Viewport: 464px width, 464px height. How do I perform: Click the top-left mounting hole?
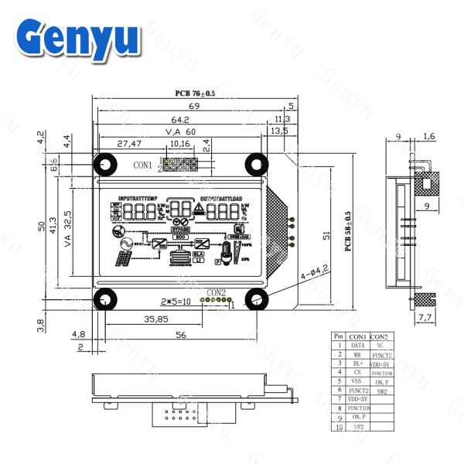103,164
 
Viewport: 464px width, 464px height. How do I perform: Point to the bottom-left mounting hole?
103,299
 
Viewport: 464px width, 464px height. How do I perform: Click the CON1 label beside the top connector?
142,165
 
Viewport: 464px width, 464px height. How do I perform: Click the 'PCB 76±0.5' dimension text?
195,94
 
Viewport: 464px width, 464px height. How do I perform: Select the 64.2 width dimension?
180,119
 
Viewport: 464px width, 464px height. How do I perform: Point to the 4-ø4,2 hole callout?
315,272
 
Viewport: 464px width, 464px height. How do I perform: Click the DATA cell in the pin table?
358,345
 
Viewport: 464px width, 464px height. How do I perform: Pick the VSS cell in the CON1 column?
358,380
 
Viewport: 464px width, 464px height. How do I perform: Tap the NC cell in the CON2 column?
380,345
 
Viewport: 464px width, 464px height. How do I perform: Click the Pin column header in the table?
337,336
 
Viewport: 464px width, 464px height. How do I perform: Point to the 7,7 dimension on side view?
425,317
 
